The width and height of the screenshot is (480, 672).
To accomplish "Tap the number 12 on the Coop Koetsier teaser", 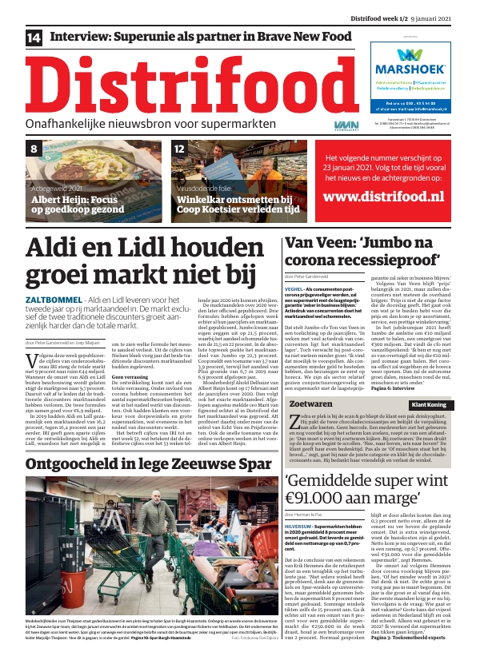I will point(180,149).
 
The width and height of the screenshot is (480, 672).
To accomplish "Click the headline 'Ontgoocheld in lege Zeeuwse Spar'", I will point(134,464).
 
